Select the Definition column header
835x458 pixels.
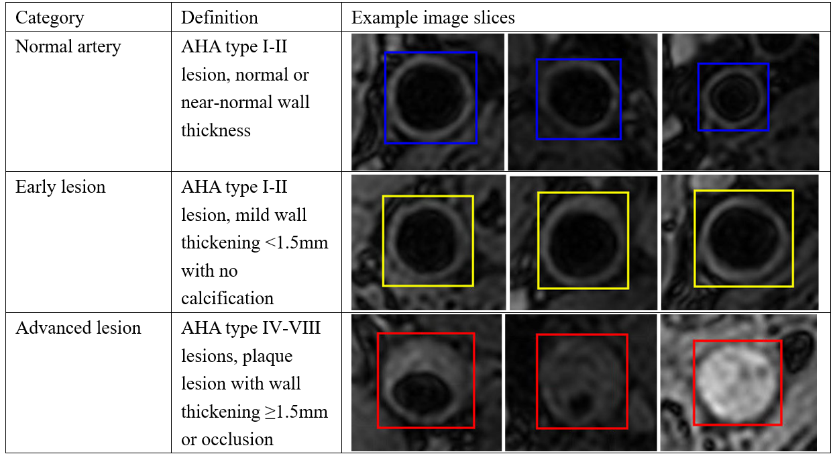pyautogui.click(x=219, y=17)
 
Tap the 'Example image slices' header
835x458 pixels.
pyautogui.click(x=433, y=17)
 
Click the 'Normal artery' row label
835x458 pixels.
pyautogui.click(x=68, y=47)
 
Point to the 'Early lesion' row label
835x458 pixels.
pyautogui.click(x=60, y=187)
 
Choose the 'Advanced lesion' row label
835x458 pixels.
pyautogui.click(x=78, y=328)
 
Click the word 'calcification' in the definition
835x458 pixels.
pyautogui.click(x=227, y=298)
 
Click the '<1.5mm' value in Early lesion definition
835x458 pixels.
pyautogui.click(x=296, y=242)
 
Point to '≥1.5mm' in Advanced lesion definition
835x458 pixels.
pyautogui.click(x=296, y=411)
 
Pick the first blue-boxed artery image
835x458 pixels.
pyautogui.click(x=430, y=98)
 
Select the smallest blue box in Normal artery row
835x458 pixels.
pyautogui.click(x=733, y=97)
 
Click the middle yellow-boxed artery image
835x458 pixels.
pyautogui.click(x=583, y=240)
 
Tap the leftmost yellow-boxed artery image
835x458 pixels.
pyautogui.click(x=427, y=240)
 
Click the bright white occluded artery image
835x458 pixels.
pyautogui.click(x=737, y=382)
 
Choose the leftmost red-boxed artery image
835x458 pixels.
pyautogui.click(x=425, y=380)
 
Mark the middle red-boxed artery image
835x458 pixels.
pyautogui.click(x=581, y=381)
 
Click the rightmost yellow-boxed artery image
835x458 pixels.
pyautogui.click(x=743, y=238)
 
